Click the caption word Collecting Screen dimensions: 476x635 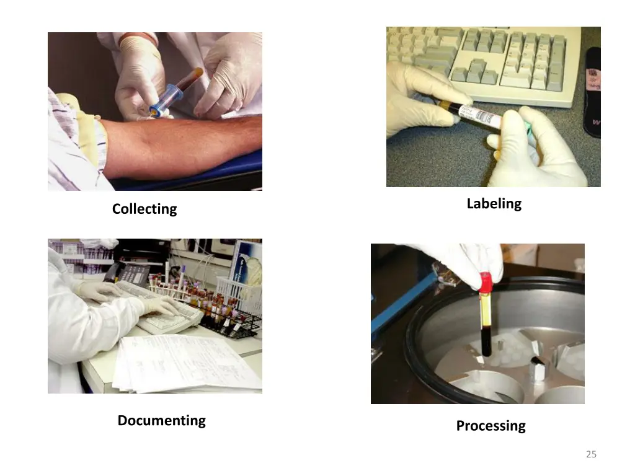pos(144,209)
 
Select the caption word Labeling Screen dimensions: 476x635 pos(494,204)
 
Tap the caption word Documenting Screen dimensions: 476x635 pos(161,421)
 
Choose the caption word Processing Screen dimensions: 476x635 pos(491,426)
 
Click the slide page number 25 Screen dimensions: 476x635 pos(591,454)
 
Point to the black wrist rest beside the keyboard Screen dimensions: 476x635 pos(592,93)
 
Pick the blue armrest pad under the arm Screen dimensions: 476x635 pos(205,177)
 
